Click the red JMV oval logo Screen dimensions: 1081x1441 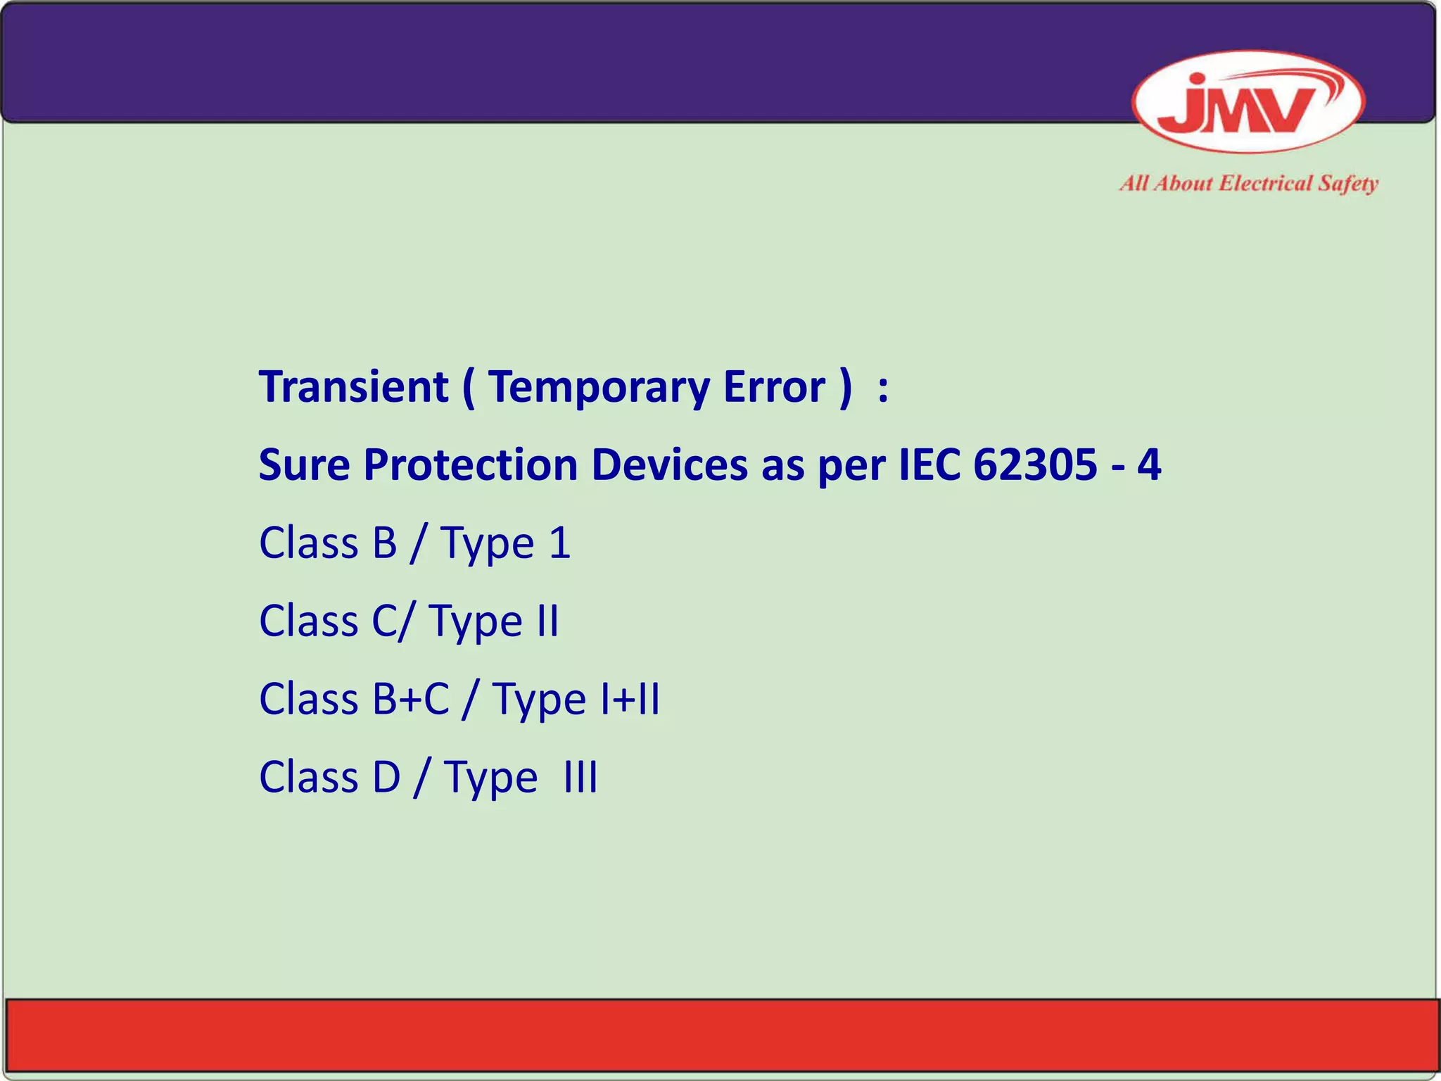pyautogui.click(x=1248, y=102)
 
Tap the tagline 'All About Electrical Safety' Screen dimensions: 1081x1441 pyautogui.click(x=1248, y=184)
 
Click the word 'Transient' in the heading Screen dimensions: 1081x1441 pyautogui.click(x=354, y=387)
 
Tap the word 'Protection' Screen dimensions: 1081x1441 pyautogui.click(x=471, y=465)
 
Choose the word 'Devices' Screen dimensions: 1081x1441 pyautogui.click(x=669, y=465)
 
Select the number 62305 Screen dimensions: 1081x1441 pyautogui.click(x=1034, y=465)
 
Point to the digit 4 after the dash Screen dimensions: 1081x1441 pyautogui.click(x=1148, y=465)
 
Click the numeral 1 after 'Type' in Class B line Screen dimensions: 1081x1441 pyautogui.click(x=559, y=543)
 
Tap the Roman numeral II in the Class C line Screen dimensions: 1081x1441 pyautogui.click(x=546, y=621)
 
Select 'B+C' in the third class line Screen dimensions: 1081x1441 pyautogui.click(x=412, y=700)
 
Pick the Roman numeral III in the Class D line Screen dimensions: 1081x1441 pyautogui.click(x=580, y=778)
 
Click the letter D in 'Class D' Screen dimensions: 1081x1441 pyautogui.click(x=386, y=778)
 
